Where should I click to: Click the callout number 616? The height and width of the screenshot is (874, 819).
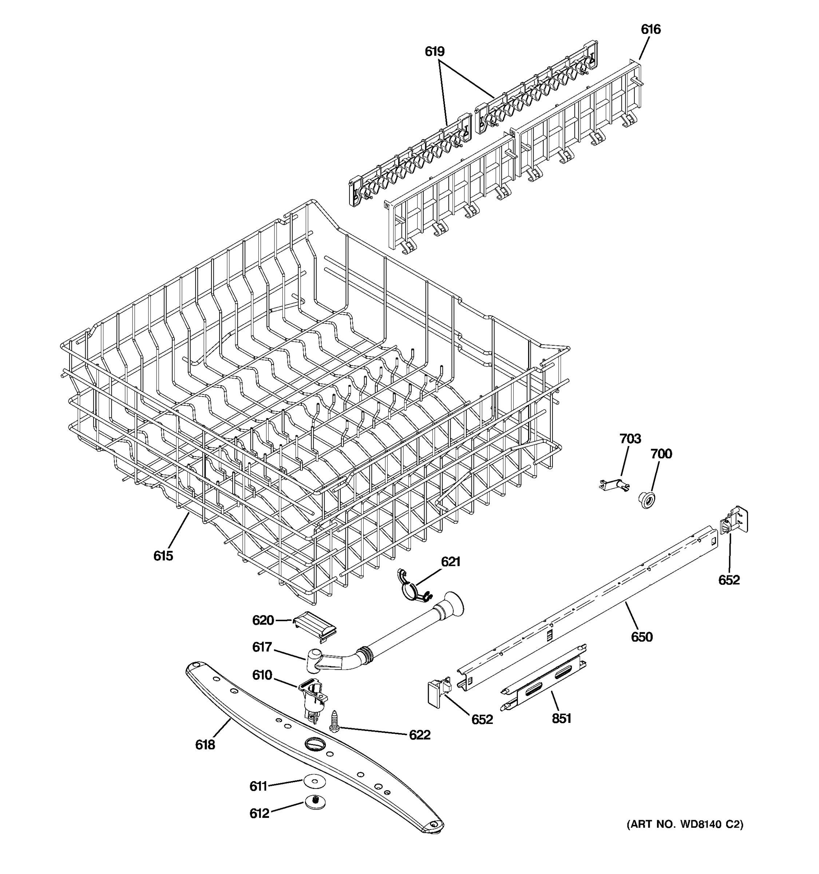650,29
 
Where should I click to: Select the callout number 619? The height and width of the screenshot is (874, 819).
434,51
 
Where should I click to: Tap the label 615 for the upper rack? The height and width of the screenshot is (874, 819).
163,556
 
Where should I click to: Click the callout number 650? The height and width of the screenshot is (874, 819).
641,637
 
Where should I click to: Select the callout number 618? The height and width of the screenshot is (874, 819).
205,745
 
